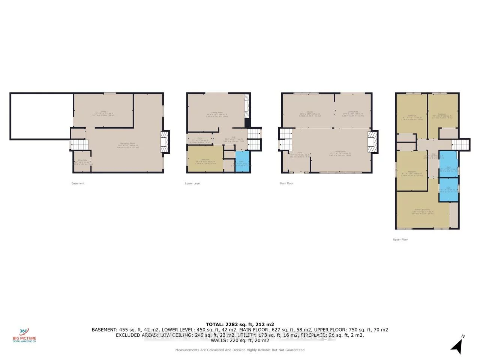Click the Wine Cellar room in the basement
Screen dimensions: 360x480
(82, 162)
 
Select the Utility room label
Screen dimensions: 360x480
(103, 113)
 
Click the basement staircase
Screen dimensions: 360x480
(79, 144)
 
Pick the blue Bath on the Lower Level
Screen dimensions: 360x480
(241, 161)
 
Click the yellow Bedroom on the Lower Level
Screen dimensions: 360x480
(205, 159)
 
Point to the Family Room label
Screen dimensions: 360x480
(216, 114)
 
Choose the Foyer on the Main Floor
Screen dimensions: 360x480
(300, 155)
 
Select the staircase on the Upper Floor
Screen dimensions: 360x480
(460, 144)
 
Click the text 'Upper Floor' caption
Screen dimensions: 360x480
(400, 239)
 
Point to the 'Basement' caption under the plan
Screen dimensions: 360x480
(78, 183)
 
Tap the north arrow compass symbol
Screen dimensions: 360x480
(457, 345)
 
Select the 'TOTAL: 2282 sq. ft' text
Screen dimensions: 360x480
(240, 324)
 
